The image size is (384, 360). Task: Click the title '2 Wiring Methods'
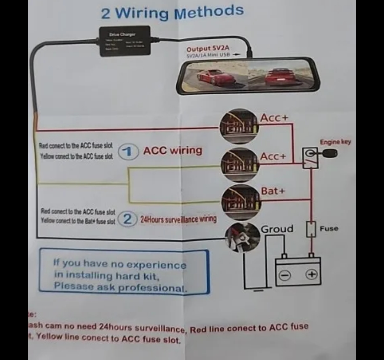(172, 12)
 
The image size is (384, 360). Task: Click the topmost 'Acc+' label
(274, 118)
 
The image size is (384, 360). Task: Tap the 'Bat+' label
(273, 191)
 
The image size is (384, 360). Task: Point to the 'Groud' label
(277, 229)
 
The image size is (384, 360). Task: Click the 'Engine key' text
(335, 142)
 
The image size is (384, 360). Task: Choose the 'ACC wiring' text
(172, 150)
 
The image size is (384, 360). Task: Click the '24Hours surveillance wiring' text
(178, 219)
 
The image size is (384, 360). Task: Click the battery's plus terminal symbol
(311, 274)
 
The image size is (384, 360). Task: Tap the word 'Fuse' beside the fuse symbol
(329, 229)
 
